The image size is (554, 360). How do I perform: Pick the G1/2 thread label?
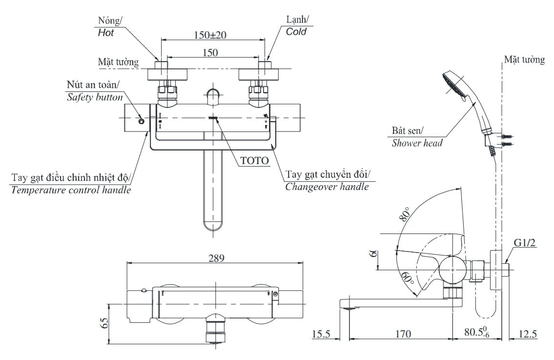(x=525, y=244)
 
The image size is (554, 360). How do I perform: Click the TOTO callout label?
(x=254, y=160)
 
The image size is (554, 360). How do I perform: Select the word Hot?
(x=106, y=33)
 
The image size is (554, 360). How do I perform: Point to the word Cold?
(x=296, y=32)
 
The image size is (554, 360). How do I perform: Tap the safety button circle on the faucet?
(x=142, y=121)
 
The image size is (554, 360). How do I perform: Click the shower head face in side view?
(x=451, y=85)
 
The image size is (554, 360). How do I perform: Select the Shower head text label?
(x=417, y=143)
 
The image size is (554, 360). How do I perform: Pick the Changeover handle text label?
(x=327, y=187)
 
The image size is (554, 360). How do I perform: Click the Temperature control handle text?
(x=71, y=190)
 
